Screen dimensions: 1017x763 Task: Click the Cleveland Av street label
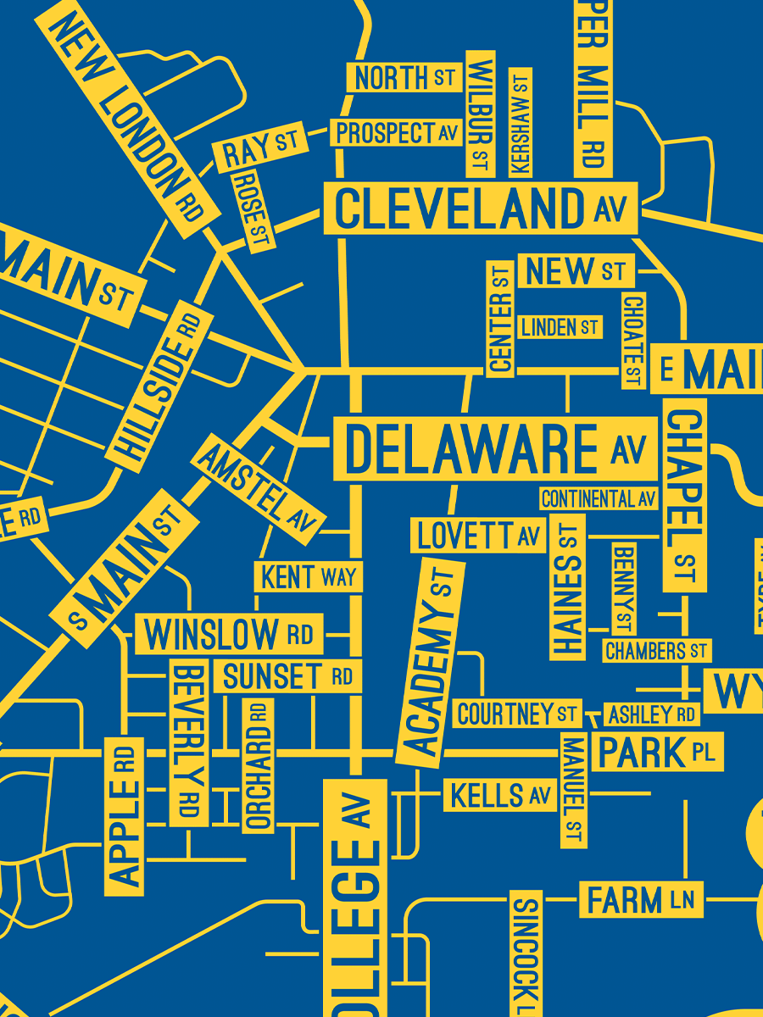[480, 208]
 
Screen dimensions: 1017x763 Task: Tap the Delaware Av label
[495, 448]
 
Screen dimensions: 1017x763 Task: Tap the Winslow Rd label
[229, 634]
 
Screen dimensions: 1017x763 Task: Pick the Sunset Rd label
[288, 676]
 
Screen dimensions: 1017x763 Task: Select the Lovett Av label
[479, 536]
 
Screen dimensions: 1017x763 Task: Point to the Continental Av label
[599, 498]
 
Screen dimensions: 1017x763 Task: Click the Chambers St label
[656, 651]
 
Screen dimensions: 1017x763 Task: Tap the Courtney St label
[516, 714]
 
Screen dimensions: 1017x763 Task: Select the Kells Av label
[500, 796]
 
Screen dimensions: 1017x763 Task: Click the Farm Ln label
[641, 899]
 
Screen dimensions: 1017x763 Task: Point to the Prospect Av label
[396, 133]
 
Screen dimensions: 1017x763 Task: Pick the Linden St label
[560, 327]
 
